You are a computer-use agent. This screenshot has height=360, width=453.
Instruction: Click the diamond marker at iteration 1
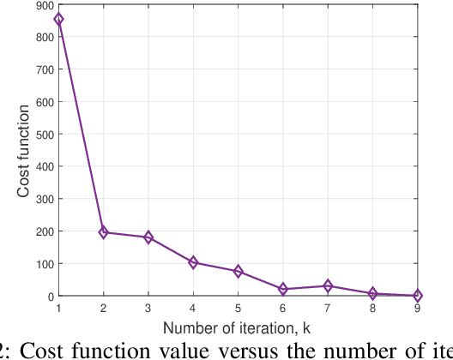coord(58,20)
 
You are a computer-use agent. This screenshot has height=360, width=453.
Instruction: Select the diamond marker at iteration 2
coord(103,232)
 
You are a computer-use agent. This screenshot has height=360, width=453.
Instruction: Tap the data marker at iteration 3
coord(148,237)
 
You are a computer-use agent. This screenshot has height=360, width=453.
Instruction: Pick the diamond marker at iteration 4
coord(193,262)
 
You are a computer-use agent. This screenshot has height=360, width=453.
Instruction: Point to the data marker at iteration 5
coord(238,272)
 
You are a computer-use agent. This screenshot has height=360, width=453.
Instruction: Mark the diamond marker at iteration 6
coord(283,289)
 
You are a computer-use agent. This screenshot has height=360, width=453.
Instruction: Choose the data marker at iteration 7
coord(328,286)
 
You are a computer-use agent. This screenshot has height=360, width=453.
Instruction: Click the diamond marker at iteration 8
coord(372,294)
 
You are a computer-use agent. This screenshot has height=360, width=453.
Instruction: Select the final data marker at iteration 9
coord(418,296)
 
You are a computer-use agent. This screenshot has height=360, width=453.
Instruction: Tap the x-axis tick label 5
coord(238,307)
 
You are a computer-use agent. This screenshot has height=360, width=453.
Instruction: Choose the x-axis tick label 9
coord(418,307)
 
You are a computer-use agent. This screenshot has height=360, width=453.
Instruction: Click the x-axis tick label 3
coord(148,307)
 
